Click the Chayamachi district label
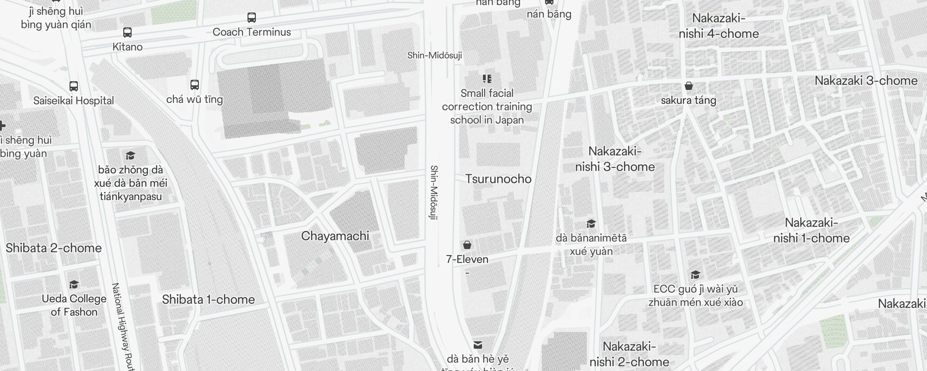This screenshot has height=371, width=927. (335, 236)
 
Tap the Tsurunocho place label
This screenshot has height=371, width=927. (498, 179)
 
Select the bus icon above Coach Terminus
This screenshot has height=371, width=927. (252, 18)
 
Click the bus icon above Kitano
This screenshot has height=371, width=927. (127, 32)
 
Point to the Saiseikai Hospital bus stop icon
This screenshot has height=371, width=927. (74, 86)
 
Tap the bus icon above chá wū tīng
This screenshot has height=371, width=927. (195, 85)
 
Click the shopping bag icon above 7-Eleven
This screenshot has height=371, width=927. (467, 245)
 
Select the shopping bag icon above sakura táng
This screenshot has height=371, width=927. (689, 86)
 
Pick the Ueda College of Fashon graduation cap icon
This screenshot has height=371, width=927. (74, 284)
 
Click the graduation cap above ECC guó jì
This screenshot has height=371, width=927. (695, 275)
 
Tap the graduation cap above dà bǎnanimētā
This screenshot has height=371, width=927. (591, 224)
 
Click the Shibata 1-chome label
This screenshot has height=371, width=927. (209, 300)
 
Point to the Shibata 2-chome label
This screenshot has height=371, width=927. (54, 248)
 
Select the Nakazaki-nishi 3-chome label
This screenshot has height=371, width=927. (615, 159)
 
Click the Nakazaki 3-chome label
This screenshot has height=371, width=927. (866, 81)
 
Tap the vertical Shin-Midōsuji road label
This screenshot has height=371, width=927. (434, 192)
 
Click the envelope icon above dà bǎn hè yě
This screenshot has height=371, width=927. (478, 345)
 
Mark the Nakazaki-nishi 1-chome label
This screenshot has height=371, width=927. (811, 230)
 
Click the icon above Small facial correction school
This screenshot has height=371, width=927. (487, 79)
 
